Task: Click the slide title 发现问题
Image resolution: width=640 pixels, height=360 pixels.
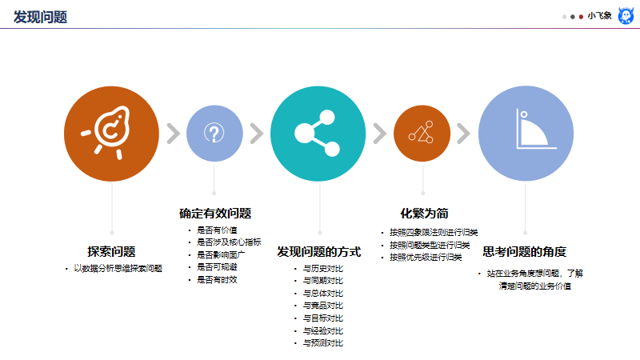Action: click(40, 16)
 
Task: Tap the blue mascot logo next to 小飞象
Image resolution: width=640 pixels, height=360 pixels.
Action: click(626, 16)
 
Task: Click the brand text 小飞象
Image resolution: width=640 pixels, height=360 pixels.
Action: click(599, 16)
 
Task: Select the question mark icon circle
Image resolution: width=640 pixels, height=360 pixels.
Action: click(214, 133)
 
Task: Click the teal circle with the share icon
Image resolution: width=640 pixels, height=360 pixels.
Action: click(318, 133)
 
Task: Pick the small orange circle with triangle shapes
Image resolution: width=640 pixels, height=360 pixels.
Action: click(422, 133)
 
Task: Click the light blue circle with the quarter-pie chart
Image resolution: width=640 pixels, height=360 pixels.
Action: click(526, 133)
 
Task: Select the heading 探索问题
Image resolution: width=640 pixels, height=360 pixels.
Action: click(111, 250)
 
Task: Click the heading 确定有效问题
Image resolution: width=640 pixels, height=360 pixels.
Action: click(215, 213)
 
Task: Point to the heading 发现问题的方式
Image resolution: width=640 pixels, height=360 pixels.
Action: click(319, 250)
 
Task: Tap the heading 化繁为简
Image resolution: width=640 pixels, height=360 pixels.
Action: click(423, 213)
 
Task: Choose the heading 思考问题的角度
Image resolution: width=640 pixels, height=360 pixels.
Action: click(526, 250)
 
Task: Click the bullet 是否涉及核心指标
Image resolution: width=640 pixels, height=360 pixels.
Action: click(229, 242)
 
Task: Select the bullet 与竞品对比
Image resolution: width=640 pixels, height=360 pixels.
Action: click(322, 306)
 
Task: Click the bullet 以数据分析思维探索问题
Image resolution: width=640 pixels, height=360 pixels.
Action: click(118, 269)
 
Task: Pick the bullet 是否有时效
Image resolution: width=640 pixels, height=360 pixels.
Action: click(217, 280)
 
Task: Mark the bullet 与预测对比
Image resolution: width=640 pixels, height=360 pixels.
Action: click(322, 343)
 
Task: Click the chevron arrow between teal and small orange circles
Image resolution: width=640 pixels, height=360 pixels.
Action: click(378, 133)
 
